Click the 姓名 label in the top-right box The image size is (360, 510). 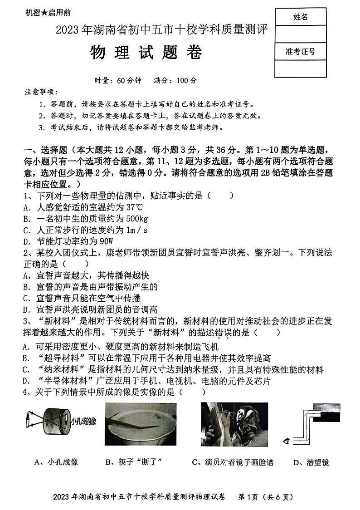pos(300,17)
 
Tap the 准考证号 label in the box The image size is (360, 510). pos(301,51)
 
